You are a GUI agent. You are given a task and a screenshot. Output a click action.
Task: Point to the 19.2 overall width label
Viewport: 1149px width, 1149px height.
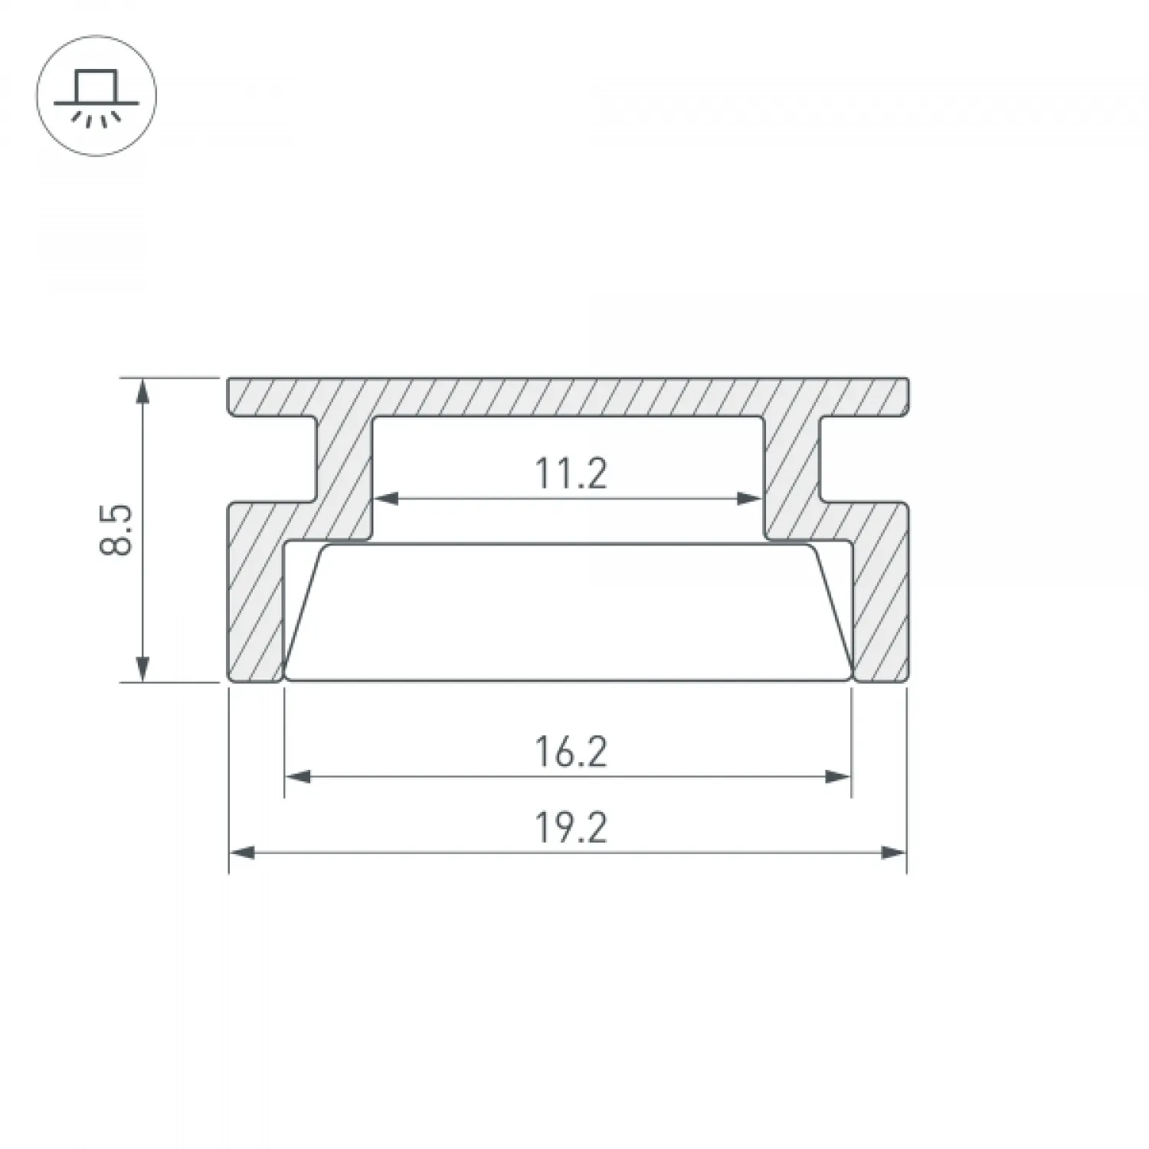pos(571,828)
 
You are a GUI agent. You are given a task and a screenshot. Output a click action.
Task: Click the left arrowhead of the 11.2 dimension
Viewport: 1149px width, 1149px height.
pos(387,499)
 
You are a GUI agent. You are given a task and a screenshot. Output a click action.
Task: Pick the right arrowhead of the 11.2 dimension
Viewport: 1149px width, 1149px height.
pos(748,499)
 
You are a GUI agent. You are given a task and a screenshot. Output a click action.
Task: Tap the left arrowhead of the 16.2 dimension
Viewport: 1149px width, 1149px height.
pos(298,777)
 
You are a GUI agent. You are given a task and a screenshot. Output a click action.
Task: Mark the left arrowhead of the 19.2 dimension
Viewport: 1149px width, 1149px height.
pos(242,852)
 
